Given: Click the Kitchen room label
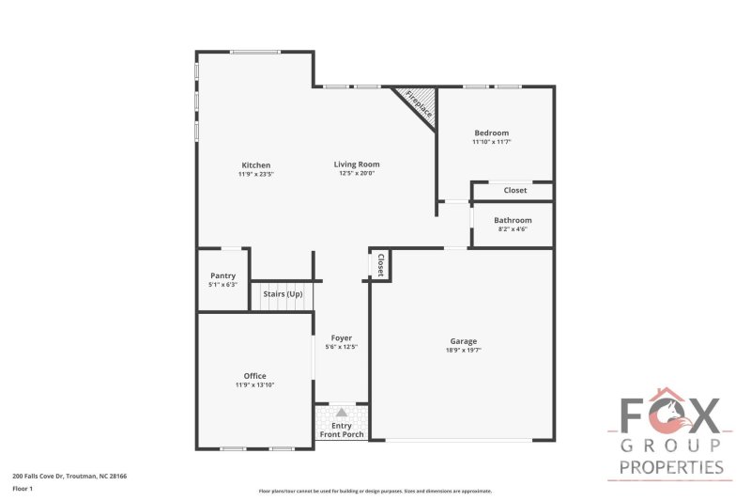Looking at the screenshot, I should coord(255,165).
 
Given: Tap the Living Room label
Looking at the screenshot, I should coord(357,164).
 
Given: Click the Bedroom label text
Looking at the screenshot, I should coord(491,133).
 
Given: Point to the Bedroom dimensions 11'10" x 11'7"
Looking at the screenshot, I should coord(491,142).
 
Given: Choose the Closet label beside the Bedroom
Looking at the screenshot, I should coord(515,190).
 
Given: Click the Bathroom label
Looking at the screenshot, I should coord(514,220).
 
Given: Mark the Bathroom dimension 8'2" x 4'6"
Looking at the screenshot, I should coord(514,228).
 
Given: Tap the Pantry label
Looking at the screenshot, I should coord(222,275).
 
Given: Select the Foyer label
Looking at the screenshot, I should coord(342,338).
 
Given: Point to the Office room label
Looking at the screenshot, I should coord(254,376).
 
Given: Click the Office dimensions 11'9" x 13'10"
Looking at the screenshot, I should coord(254,384).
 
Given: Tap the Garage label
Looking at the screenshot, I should coord(463,341).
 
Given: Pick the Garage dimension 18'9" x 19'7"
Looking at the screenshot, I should coord(463,350).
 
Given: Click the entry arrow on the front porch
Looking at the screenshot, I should coord(342,413).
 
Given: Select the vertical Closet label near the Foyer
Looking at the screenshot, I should coord(381,264).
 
